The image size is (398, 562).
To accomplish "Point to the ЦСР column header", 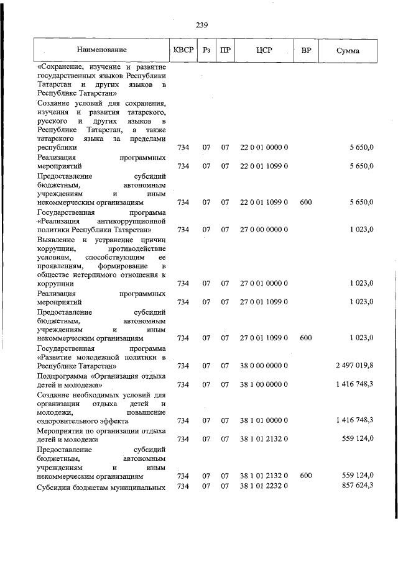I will point(264,49).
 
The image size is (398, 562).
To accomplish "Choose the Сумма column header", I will point(347,50).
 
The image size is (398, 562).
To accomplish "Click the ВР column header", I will point(305,49).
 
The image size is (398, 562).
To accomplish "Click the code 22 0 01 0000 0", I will point(264,148).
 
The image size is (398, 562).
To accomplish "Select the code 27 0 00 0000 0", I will point(264,230).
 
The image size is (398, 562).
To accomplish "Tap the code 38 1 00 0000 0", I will point(264,384).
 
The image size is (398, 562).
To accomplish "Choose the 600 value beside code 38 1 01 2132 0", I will point(305,476).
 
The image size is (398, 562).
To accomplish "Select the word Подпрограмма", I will point(63,376).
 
